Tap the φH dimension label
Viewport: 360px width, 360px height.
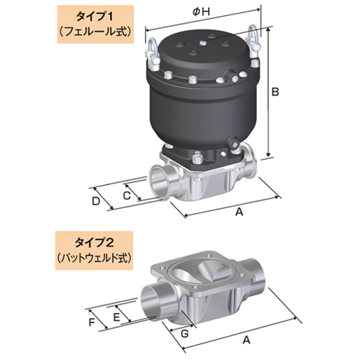(201, 10)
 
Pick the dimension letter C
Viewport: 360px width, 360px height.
(125, 195)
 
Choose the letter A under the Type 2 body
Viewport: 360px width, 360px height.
(248, 338)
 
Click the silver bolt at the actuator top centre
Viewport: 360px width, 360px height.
(204, 46)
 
